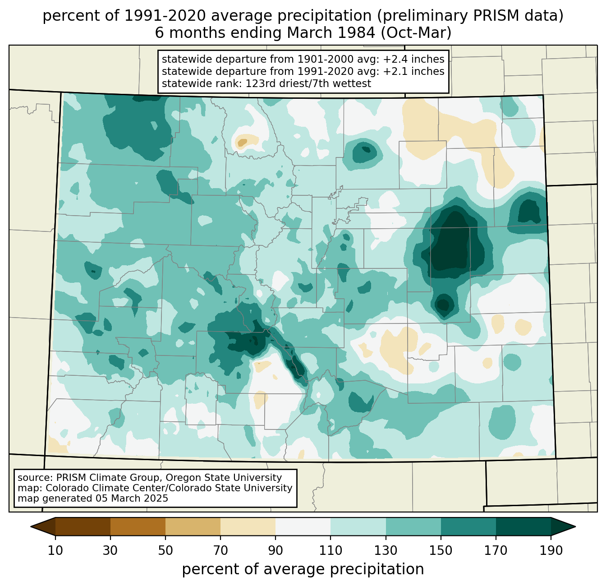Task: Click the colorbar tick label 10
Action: (55, 550)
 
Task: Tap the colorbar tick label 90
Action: (275, 550)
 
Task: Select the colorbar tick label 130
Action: (386, 550)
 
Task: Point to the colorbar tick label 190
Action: (551, 550)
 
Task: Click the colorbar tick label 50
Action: (165, 550)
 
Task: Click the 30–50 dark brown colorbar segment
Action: (138, 526)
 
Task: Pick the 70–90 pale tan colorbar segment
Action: (248, 526)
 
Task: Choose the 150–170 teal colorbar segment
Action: (468, 526)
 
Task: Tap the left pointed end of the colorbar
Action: (31, 526)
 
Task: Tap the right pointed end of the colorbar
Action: (575, 526)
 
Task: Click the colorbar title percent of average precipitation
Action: (303, 569)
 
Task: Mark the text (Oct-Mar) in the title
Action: (416, 33)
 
